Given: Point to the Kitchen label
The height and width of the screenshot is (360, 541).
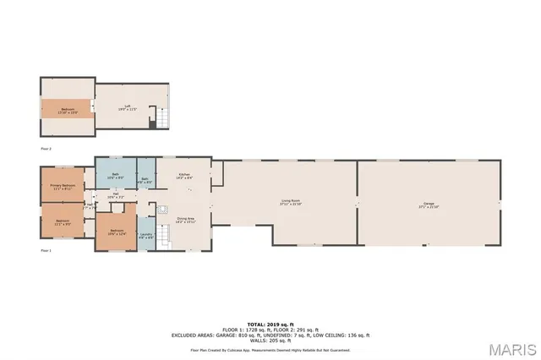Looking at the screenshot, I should click(x=180, y=177).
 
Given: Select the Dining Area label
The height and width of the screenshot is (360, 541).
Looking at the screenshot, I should click(x=185, y=220).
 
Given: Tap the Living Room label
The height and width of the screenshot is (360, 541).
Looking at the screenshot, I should click(x=292, y=202).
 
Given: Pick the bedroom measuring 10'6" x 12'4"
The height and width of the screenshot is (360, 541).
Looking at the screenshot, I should click(x=115, y=232).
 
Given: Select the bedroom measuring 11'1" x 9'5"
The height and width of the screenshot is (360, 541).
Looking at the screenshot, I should click(x=63, y=223).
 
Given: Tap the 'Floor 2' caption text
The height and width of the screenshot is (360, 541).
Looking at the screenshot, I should click(x=46, y=148).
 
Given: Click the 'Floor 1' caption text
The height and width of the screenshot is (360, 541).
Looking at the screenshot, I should click(x=46, y=251).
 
